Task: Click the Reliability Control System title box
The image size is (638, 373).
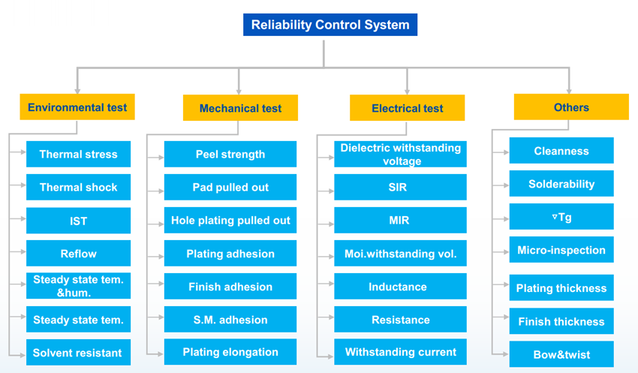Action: click(330, 25)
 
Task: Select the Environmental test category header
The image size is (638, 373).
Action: click(77, 107)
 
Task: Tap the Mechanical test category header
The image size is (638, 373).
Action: click(240, 108)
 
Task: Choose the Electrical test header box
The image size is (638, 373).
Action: click(407, 108)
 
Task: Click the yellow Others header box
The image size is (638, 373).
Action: click(571, 107)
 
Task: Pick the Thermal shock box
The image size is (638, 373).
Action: click(79, 187)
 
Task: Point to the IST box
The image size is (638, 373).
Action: click(79, 221)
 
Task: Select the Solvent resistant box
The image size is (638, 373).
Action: click(79, 352)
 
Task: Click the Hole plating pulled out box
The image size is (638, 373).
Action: click(230, 220)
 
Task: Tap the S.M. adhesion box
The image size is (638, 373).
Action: click(230, 319)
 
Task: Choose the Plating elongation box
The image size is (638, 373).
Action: click(230, 352)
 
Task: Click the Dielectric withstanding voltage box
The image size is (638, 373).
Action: click(400, 154)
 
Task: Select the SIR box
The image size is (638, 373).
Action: click(400, 187)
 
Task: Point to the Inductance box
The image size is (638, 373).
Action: click(400, 287)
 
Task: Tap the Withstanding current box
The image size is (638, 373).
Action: click(400, 352)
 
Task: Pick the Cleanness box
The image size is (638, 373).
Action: click(561, 151)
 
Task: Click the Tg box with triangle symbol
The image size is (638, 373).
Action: click(561, 216)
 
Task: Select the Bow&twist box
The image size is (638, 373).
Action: click(561, 354)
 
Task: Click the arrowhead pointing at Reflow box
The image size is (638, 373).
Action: click(23, 251)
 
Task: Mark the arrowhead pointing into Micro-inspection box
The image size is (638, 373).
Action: click(506, 251)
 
